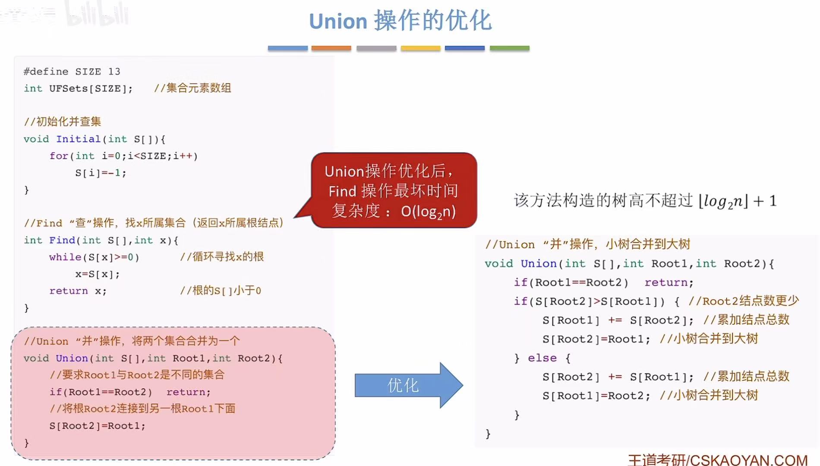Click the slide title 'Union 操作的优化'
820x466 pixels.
(x=400, y=21)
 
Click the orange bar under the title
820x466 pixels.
(x=331, y=48)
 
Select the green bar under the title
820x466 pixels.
(x=509, y=48)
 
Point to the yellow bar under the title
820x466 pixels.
(x=420, y=48)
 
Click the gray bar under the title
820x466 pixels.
(x=376, y=48)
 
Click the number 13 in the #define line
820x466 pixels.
(x=114, y=72)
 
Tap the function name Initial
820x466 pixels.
(x=78, y=139)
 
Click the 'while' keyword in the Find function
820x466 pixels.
(x=65, y=257)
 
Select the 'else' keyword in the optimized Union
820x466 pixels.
(x=542, y=358)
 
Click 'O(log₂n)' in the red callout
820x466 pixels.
(x=428, y=212)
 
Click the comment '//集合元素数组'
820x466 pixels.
(x=192, y=89)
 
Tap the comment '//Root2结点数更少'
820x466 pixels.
(x=743, y=301)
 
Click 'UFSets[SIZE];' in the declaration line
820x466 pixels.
(x=91, y=89)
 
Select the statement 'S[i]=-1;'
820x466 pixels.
(x=101, y=173)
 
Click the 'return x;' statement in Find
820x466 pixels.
(x=78, y=291)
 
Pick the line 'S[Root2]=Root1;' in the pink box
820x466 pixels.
(x=97, y=426)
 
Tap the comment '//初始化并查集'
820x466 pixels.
(x=62, y=122)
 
